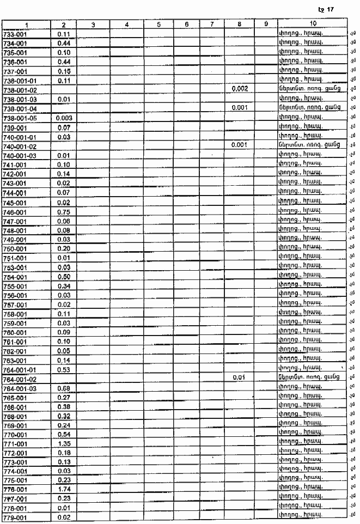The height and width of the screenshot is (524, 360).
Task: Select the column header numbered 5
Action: tap(158, 25)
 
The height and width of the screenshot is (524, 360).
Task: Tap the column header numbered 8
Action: tap(240, 25)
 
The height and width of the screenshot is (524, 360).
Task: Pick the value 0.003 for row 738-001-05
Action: tap(64, 118)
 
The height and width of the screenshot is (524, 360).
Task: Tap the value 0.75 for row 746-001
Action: tap(64, 212)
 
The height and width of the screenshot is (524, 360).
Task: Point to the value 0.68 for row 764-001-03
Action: tap(64, 388)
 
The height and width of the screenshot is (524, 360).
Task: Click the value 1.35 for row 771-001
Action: tap(64, 444)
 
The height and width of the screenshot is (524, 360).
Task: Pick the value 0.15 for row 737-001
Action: tap(64, 71)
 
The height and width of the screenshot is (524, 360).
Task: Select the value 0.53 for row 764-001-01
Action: tap(64, 370)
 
